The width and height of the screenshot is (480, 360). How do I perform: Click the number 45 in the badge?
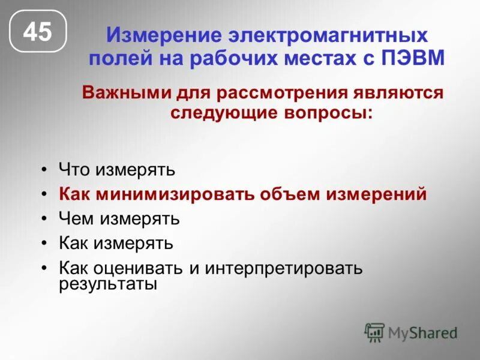click(37, 32)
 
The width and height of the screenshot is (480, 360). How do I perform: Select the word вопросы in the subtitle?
click(326, 112)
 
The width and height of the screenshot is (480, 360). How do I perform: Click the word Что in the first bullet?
click(73, 170)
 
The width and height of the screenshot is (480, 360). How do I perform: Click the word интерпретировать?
click(284, 268)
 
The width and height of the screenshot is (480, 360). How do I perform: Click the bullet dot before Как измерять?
click(44, 244)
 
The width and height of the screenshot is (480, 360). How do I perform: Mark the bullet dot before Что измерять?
click(44, 170)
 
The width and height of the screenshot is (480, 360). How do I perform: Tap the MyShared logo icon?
click(374, 332)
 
